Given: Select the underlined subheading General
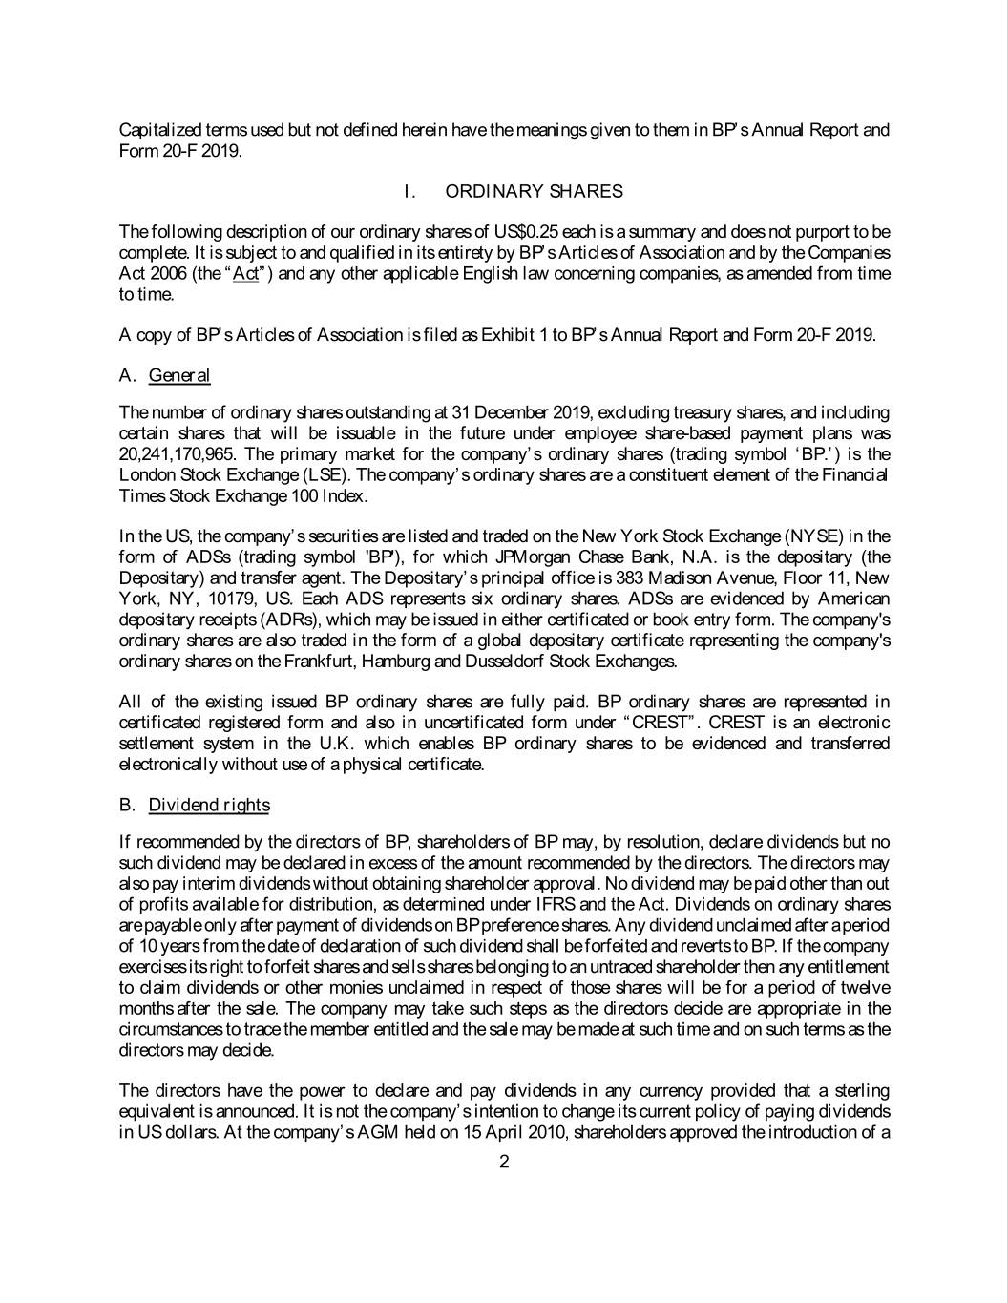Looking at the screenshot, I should tap(179, 375).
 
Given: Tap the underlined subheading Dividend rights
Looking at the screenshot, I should tap(209, 805).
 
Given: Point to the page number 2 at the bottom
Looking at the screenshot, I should tap(504, 1162).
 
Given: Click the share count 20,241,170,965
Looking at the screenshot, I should tap(176, 454).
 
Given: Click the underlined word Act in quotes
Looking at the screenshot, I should tap(246, 274).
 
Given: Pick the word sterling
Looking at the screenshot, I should tap(862, 1091).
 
